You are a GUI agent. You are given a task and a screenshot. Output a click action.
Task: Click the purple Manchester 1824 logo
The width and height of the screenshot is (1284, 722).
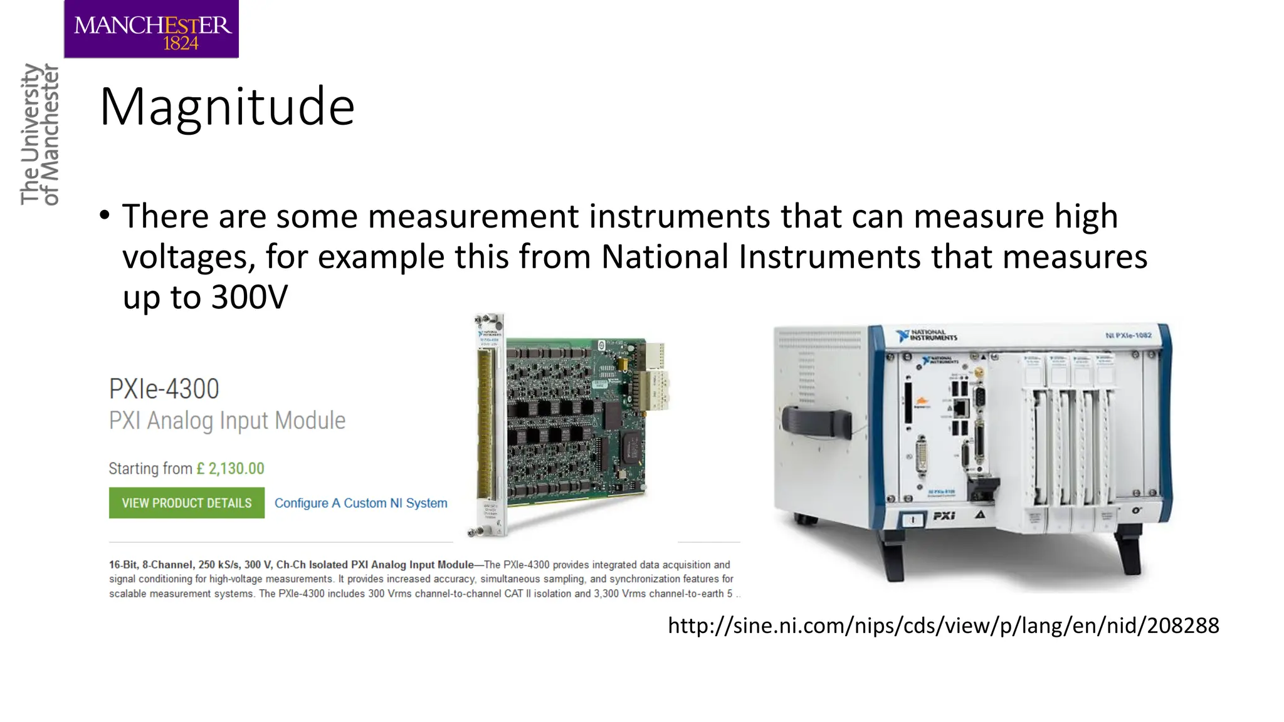[x=151, y=29]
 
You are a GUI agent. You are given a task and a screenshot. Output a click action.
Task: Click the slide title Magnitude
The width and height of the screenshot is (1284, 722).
[x=227, y=107]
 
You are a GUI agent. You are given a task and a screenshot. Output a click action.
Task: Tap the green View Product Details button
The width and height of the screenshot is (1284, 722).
[x=186, y=503]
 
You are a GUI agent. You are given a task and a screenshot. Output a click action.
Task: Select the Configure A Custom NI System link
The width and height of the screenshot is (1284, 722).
[x=360, y=503]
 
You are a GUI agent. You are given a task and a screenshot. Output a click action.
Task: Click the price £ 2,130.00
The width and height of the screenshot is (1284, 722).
[x=230, y=469]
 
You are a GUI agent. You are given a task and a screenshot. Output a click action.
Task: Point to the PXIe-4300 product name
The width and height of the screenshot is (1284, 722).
[x=164, y=389]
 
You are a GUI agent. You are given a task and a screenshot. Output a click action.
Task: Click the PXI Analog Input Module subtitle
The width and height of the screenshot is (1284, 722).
[x=227, y=421]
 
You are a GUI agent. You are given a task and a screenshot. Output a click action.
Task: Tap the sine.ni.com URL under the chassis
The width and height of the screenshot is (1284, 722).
[x=943, y=625]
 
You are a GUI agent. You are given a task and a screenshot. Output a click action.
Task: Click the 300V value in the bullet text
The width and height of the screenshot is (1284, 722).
[x=249, y=297]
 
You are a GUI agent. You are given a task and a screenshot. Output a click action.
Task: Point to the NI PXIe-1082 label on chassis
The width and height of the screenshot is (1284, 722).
[x=1129, y=335]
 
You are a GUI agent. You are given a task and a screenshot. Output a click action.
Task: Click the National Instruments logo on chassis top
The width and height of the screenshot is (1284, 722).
[x=927, y=335]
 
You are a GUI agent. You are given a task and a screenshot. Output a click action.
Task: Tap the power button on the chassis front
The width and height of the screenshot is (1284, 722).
[x=913, y=520]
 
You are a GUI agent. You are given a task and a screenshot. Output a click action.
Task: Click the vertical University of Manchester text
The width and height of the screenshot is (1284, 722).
[x=39, y=134]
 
